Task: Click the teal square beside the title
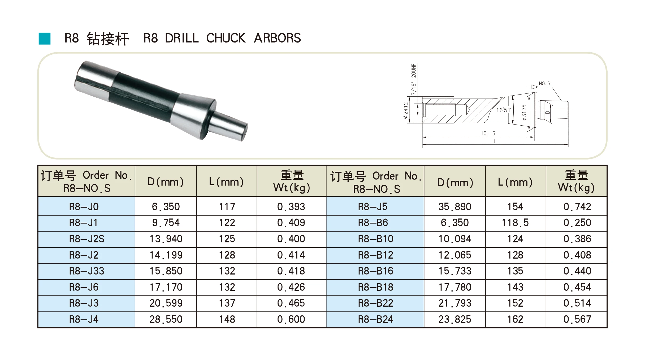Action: click(x=44, y=38)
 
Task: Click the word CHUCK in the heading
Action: click(x=226, y=38)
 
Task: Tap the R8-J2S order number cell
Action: click(x=86, y=239)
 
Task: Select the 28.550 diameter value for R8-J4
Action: click(x=166, y=319)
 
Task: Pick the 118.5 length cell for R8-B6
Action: click(x=515, y=223)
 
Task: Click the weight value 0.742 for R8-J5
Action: click(x=577, y=207)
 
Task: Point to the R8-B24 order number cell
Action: click(x=375, y=319)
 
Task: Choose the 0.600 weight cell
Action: click(x=291, y=319)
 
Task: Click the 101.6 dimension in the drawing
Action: click(x=488, y=133)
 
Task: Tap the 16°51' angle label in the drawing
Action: click(x=503, y=110)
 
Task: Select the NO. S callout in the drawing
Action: click(x=544, y=84)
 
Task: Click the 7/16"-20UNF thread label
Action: click(x=413, y=79)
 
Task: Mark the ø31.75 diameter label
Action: click(x=524, y=112)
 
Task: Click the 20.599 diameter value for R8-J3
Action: click(x=166, y=303)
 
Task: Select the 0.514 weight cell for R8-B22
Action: click(x=577, y=303)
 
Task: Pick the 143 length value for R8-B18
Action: click(x=515, y=287)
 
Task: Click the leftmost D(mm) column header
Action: click(x=166, y=182)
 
